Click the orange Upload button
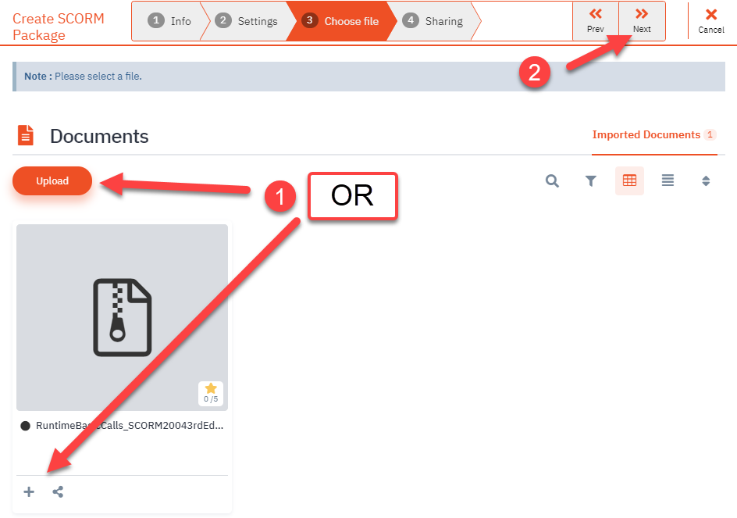(52, 180)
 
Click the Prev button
(595, 21)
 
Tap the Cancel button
(710, 21)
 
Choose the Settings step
(247, 21)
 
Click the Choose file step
(341, 21)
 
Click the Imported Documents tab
(646, 134)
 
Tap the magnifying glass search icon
(552, 181)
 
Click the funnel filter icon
(591, 181)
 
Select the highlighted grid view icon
(629, 180)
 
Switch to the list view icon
(668, 181)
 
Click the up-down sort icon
(706, 181)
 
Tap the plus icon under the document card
(29, 491)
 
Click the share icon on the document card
(58, 491)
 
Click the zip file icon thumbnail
(122, 317)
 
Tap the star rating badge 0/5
(211, 393)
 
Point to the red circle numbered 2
(535, 73)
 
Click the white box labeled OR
(353, 195)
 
